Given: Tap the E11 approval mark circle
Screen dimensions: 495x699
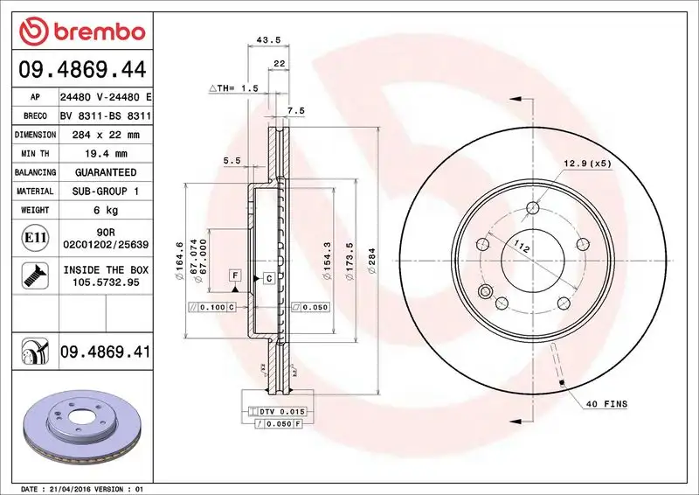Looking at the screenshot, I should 32,237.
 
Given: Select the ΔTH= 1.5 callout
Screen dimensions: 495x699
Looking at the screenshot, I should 233,89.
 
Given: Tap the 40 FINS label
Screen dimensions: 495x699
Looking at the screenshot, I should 606,403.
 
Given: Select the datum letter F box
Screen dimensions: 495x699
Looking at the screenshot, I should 234,275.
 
